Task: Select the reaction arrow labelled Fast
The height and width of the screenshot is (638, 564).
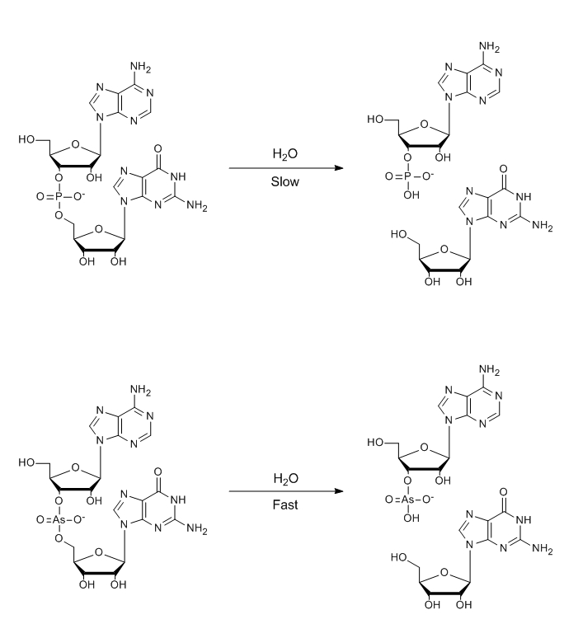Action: (x=285, y=492)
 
